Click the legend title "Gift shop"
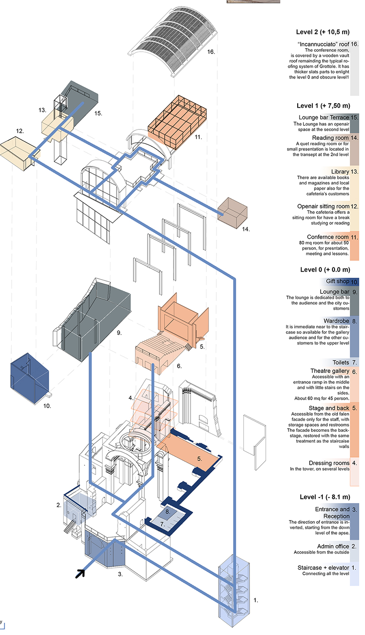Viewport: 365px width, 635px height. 338,281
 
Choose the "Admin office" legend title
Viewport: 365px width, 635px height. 333,546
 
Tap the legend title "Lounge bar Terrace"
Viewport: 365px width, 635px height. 324,117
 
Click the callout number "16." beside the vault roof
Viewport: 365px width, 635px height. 211,52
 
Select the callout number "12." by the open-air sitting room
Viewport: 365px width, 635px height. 20,130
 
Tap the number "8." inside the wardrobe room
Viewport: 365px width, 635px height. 167,512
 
